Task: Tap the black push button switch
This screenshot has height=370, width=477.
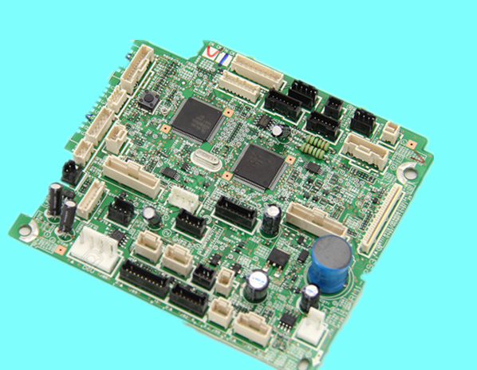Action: [x=148, y=101]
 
